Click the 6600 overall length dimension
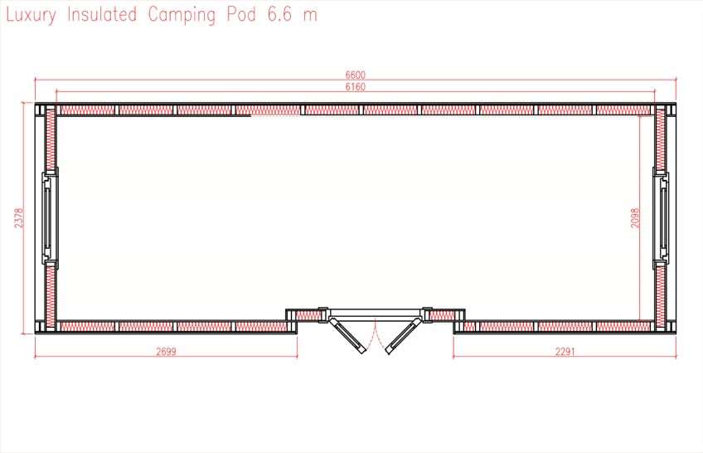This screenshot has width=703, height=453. point(355,75)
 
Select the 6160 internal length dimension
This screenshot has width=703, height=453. point(355,86)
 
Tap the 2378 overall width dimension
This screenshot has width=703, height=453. point(18,218)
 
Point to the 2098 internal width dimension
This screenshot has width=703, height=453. point(635,218)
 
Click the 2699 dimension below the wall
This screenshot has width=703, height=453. point(166,351)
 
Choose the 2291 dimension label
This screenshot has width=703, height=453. point(565,351)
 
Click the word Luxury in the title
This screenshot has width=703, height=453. point(31,15)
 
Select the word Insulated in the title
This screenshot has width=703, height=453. point(102,14)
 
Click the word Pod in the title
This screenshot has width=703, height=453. point(241,14)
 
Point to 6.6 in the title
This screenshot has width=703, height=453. point(279,14)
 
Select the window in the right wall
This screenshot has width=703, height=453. point(661,217)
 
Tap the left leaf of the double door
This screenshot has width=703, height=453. point(347,334)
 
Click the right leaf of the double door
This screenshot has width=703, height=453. point(404,334)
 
